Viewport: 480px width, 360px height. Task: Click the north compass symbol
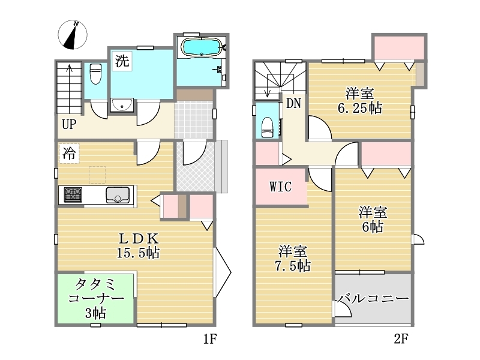click(73, 35)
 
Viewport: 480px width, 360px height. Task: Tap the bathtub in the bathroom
click(201, 47)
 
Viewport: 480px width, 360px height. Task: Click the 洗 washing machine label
click(122, 61)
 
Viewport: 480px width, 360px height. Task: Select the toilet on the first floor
click(96, 73)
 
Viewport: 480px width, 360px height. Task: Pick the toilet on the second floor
click(267, 127)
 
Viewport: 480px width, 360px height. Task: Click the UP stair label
click(69, 125)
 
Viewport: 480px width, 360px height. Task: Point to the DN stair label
click(293, 103)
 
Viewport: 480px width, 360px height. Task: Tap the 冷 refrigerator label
click(69, 153)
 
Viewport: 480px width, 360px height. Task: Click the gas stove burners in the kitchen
click(73, 194)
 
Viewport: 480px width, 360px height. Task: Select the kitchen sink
click(118, 195)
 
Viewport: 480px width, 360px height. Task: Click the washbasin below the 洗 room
click(122, 105)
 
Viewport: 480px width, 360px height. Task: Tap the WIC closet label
click(280, 187)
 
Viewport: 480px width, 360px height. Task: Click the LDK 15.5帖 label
click(138, 245)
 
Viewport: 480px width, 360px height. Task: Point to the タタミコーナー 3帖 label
click(96, 298)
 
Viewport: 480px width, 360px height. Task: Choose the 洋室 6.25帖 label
click(359, 100)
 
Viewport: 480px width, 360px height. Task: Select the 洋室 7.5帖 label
click(292, 259)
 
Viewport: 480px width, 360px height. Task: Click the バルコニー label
click(373, 298)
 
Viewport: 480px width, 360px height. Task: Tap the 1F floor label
click(210, 339)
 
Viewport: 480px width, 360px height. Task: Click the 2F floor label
click(401, 339)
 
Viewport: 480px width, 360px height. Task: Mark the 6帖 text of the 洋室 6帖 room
click(373, 227)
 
